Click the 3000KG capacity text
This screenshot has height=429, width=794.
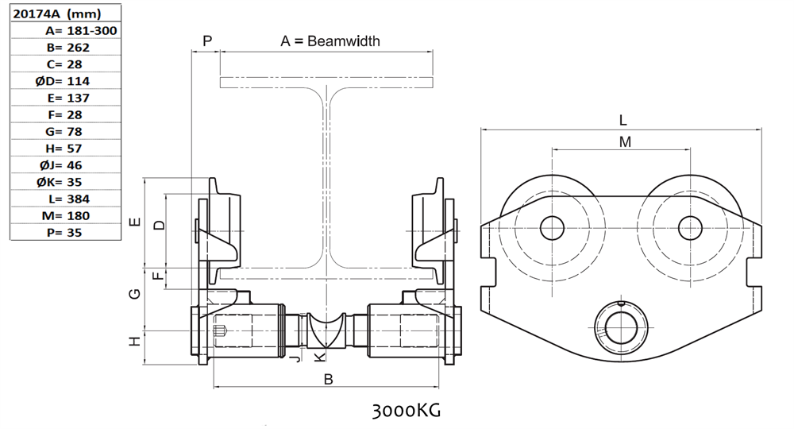pos(405,411)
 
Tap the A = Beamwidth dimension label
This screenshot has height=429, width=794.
pos(330,41)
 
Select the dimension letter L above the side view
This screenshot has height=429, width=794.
pos(623,121)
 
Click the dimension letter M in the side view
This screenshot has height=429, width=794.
pos(625,142)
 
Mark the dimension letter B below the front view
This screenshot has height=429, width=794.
pos(329,380)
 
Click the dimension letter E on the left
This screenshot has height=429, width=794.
pos(136,222)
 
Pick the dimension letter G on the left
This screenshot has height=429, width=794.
pos(136,294)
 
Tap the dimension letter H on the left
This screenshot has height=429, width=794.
pos(136,341)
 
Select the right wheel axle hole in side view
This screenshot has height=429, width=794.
pos(690,228)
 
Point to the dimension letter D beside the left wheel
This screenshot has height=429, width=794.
pos(160,226)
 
